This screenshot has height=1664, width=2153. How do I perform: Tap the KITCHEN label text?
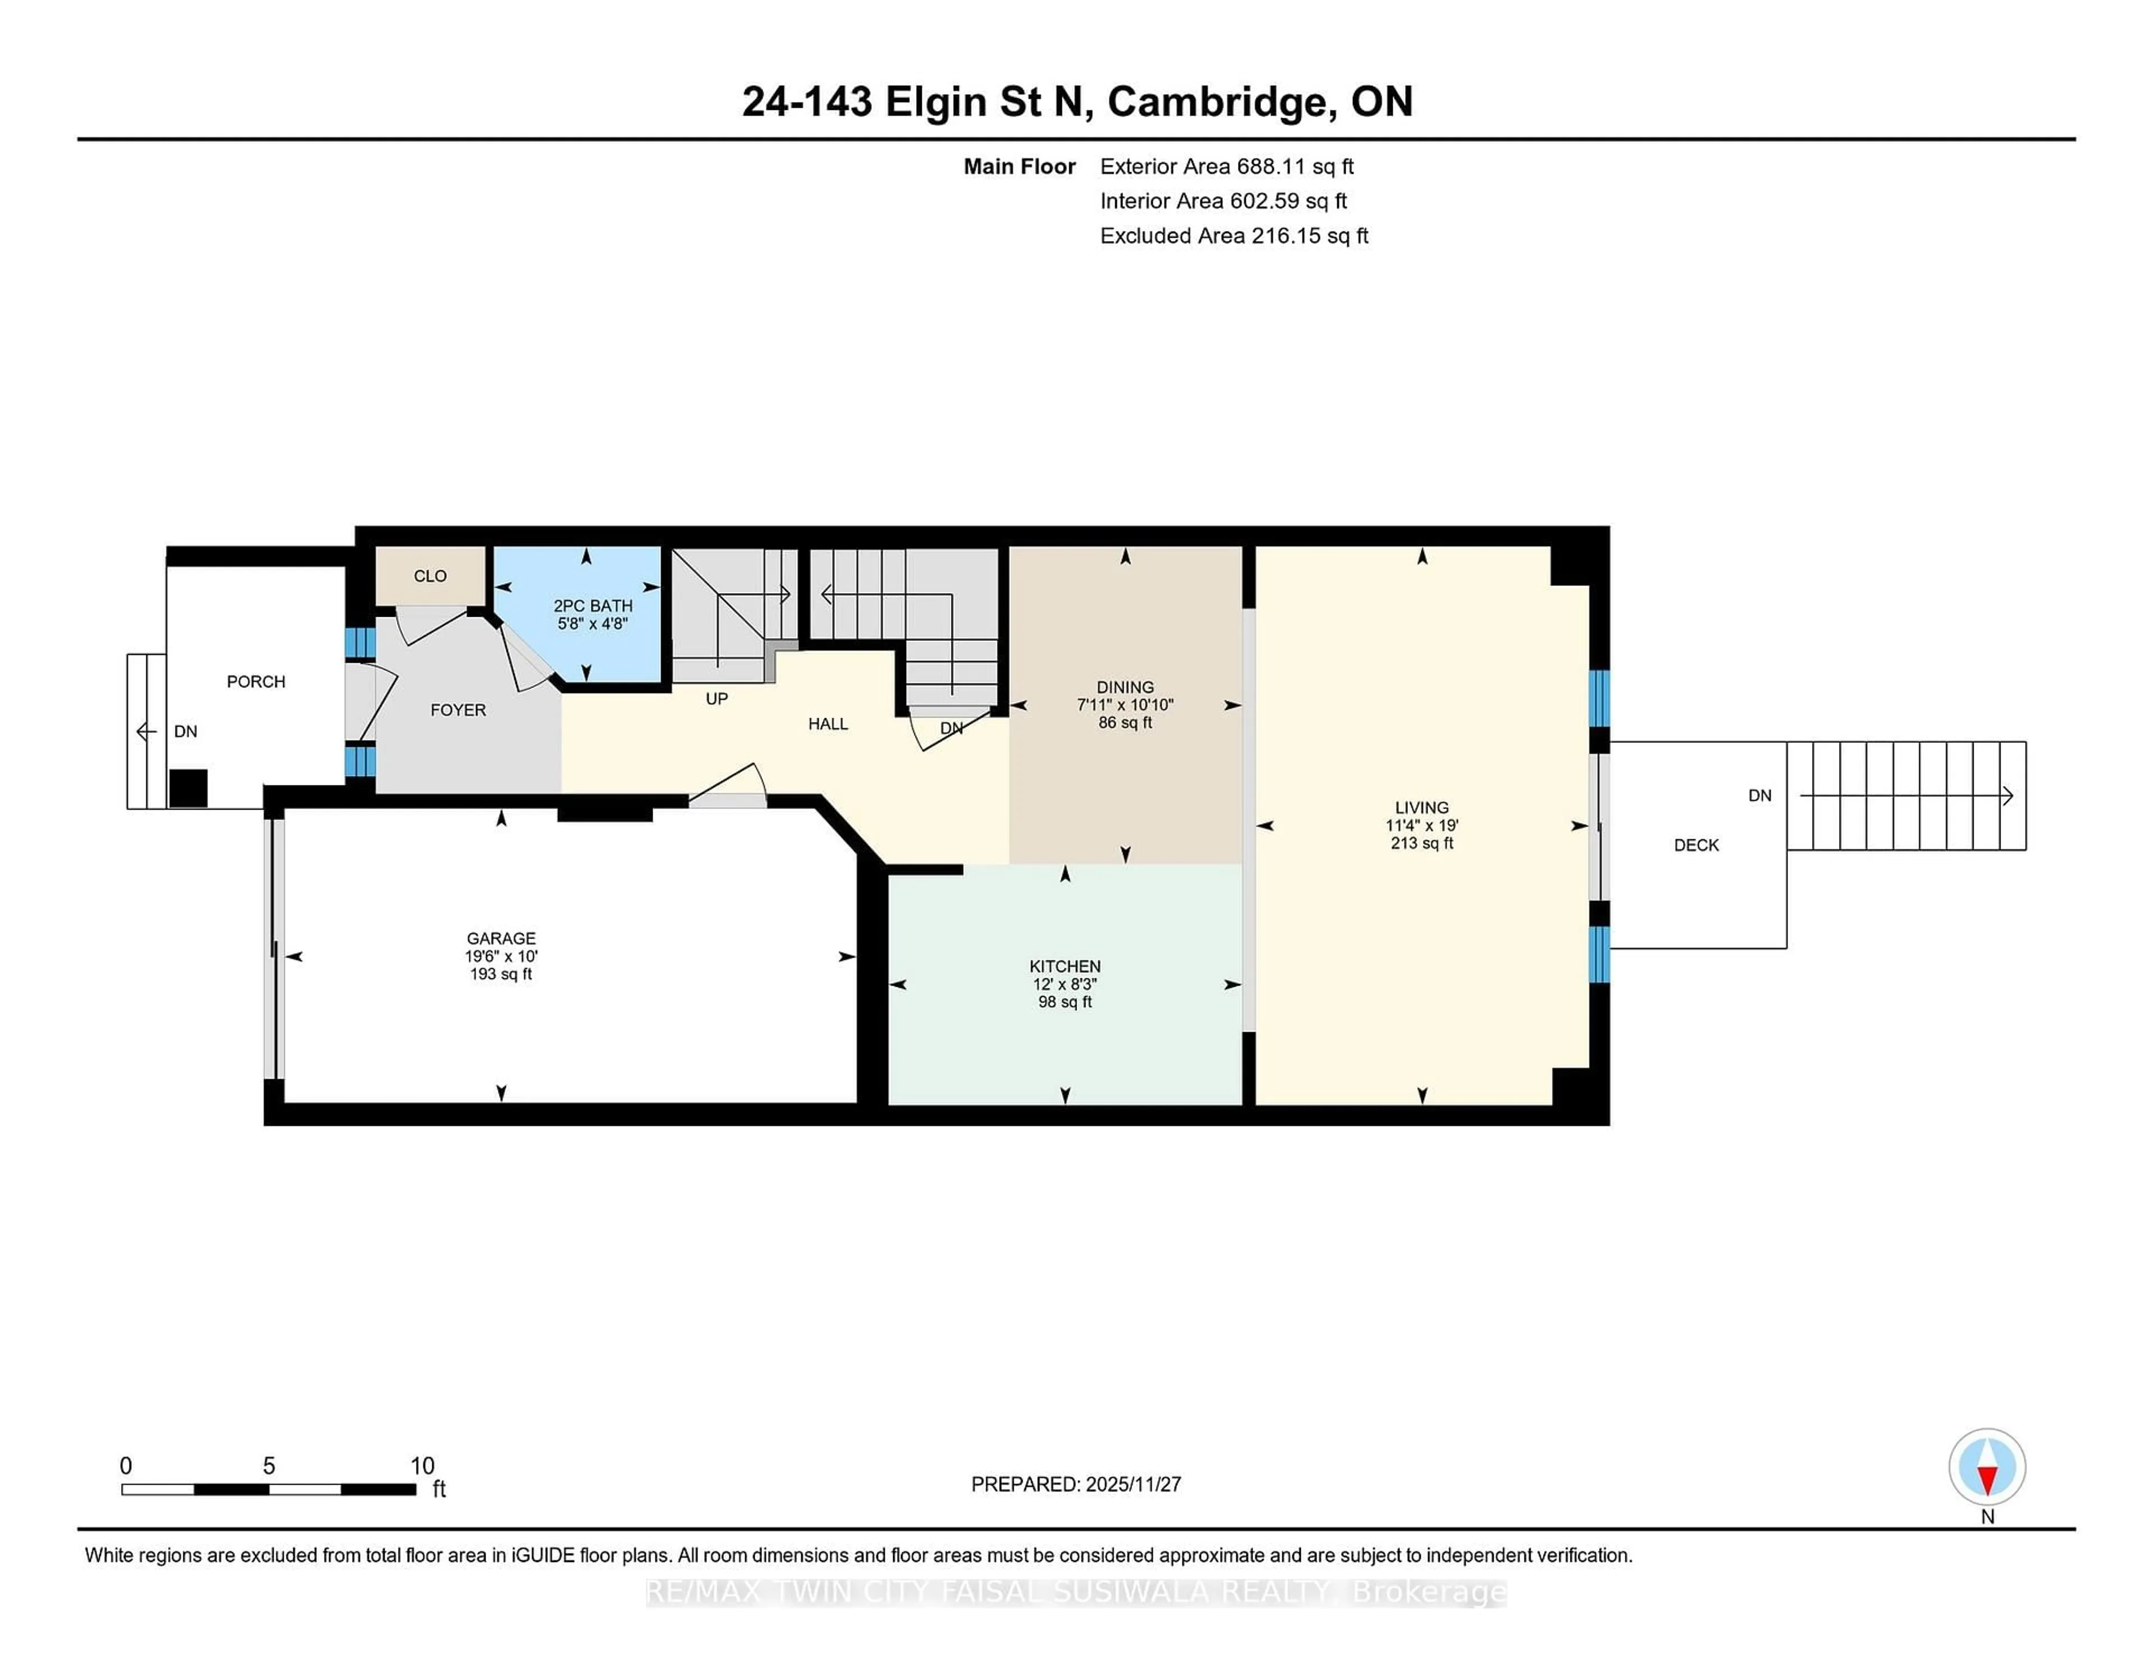pos(1065,966)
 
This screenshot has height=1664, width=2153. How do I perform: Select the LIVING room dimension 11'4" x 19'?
pos(1421,825)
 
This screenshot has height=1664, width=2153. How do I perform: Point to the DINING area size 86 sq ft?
pos(1125,723)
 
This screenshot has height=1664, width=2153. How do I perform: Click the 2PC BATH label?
pos(593,605)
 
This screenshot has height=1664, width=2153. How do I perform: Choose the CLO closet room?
pos(430,576)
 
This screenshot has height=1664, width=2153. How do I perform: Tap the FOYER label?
pos(458,710)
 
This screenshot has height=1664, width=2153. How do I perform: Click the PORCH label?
pos(255,681)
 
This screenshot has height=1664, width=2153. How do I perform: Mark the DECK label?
pos(1695,845)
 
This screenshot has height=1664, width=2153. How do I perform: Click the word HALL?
pos(827,724)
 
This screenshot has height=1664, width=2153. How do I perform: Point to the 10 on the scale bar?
pos(422,1466)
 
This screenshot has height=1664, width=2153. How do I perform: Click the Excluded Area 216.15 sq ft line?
pos(1233,235)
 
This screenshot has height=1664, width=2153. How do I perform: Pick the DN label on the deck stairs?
pos(1759,796)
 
